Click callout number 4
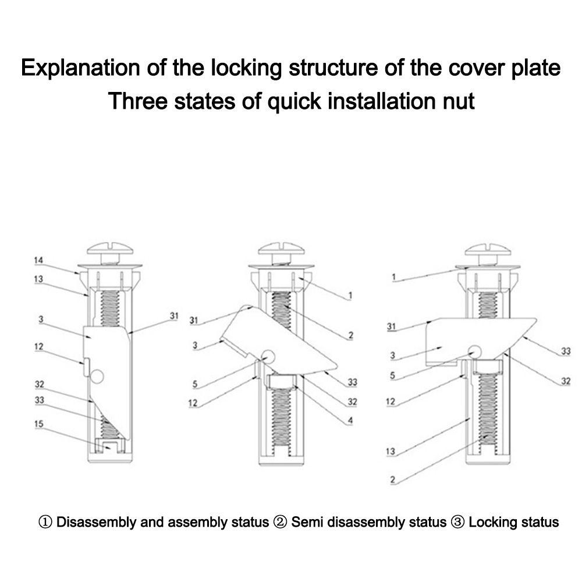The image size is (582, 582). coord(350,420)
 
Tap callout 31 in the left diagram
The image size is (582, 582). coord(173,316)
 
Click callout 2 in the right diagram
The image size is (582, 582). coord(393,480)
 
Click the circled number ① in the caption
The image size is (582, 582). coord(45,521)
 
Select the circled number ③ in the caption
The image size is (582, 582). coord(457,521)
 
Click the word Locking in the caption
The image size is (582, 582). coord(491,521)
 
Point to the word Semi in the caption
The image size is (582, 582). coord(306,521)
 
